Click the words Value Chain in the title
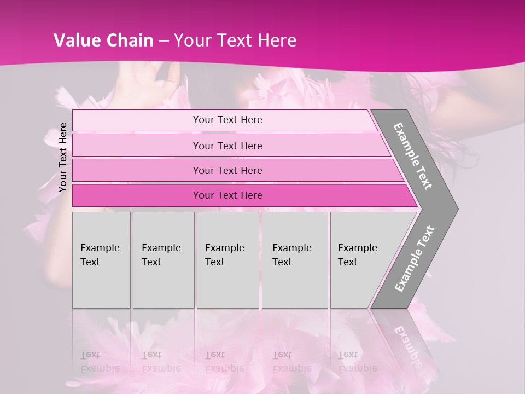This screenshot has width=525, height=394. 103,40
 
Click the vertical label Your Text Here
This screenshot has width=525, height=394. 63,157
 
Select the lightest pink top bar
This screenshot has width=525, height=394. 137,120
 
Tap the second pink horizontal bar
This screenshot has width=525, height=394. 137,146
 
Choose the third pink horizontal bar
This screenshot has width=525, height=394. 137,170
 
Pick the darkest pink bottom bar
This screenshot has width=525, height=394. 137,195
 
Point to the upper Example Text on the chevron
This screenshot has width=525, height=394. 413,156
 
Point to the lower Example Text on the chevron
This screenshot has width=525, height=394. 415,258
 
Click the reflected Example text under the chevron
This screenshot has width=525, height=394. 407,345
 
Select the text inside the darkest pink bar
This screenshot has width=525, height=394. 227,195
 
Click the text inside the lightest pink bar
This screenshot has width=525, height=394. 227,120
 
